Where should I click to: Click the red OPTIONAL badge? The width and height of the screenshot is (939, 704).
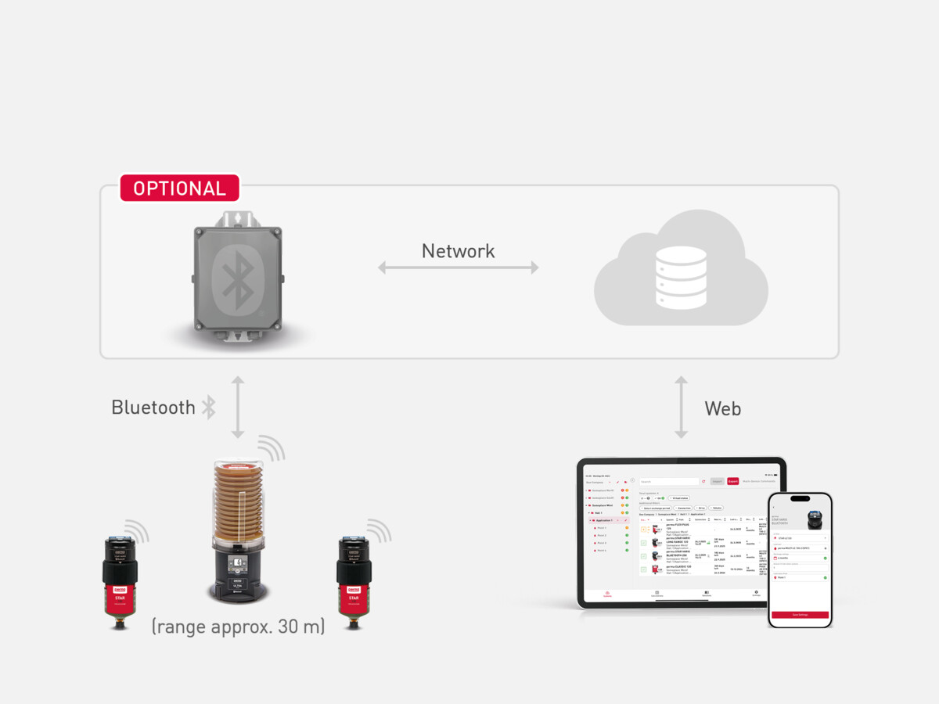179,189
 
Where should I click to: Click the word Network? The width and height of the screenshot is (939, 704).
458,251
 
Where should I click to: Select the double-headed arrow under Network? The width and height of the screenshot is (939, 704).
458,268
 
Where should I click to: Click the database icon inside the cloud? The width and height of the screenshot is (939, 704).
681,278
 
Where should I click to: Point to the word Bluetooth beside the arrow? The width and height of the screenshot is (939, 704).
153,408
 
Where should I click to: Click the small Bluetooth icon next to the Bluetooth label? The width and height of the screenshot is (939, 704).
208,408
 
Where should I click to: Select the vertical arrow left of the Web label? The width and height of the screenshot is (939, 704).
682,407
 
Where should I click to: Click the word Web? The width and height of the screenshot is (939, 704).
722,408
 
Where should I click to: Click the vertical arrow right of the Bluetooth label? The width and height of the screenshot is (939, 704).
238,407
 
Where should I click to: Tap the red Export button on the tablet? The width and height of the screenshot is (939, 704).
732,481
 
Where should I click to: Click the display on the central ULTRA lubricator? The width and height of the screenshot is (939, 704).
238,562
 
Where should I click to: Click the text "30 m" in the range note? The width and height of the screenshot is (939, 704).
298,627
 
